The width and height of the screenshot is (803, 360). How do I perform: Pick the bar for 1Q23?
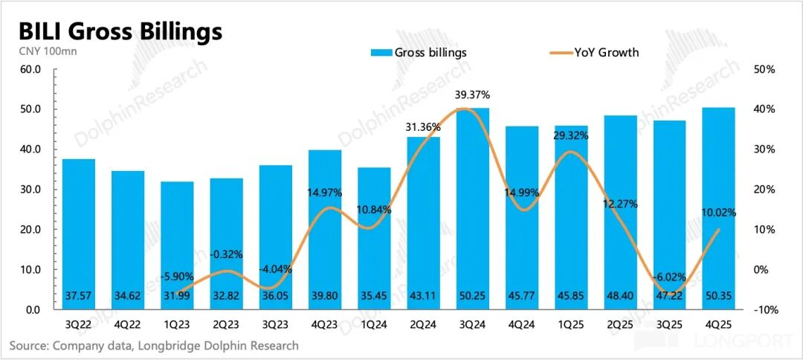pos(177,245)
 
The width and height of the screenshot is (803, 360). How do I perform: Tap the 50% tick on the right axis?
pos(764,69)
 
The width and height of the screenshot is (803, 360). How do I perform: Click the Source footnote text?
pos(154,345)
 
